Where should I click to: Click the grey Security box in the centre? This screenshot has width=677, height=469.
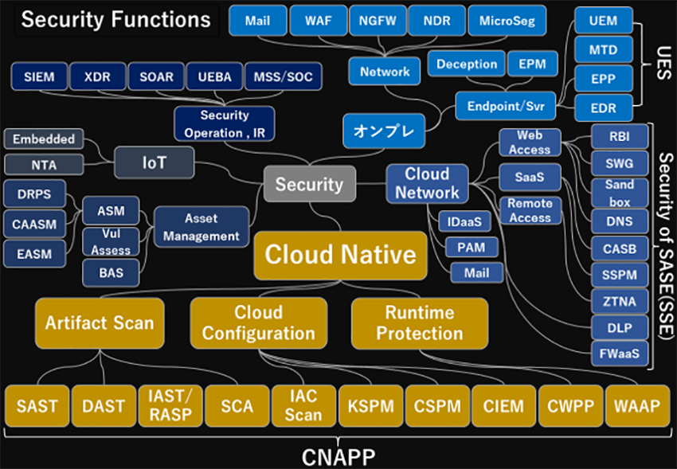click(309, 185)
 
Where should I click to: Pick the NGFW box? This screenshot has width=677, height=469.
click(376, 20)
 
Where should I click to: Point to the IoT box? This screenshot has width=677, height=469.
click(155, 162)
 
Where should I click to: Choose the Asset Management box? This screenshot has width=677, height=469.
click(201, 227)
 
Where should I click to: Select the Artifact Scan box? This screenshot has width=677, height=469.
click(100, 322)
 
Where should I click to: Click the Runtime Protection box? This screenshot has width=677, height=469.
click(419, 322)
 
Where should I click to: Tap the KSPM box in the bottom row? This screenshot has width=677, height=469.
click(370, 406)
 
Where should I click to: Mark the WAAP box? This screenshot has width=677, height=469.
click(636, 406)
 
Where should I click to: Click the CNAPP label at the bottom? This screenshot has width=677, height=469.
click(338, 456)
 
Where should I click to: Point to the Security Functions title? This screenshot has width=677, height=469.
click(115, 19)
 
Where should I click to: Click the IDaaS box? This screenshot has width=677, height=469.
click(464, 221)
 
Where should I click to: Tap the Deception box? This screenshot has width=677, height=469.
click(467, 64)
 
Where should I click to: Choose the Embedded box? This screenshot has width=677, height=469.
click(43, 139)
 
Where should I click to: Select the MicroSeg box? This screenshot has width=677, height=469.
click(508, 20)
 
